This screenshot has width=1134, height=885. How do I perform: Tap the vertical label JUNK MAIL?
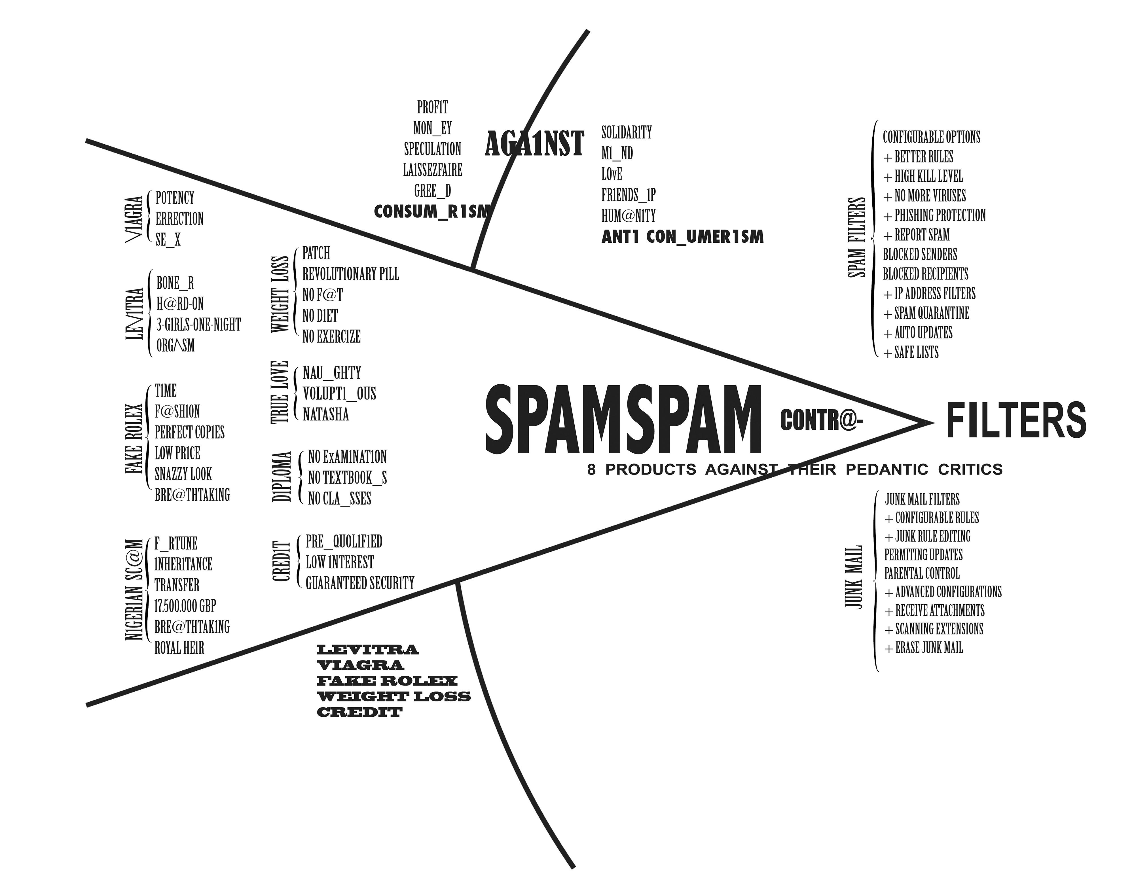pos(853,577)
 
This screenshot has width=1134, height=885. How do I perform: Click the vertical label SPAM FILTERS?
pos(857,237)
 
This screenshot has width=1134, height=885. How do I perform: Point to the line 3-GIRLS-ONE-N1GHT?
pos(198,325)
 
